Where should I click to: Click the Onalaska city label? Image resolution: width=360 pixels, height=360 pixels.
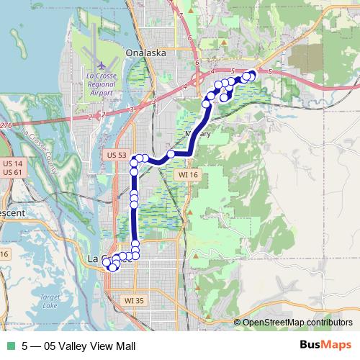pos(145,53)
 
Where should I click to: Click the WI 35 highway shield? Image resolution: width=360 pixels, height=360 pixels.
pos(135,300)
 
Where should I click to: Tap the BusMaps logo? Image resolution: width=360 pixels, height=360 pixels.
pos(325,346)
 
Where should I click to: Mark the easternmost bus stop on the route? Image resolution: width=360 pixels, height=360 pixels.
pos(252,74)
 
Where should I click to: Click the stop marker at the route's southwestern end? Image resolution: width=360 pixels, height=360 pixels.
pos(112,268)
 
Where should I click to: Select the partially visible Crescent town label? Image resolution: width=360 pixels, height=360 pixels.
pos(10,213)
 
